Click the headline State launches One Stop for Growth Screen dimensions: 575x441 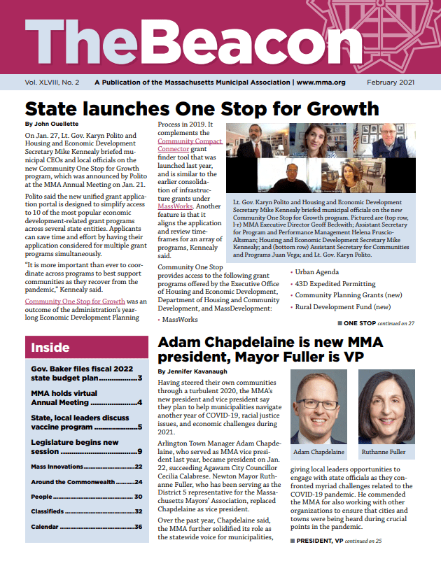[202, 108]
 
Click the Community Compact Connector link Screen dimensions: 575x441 [190, 145]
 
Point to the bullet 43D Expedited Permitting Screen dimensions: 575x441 [331, 285]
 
